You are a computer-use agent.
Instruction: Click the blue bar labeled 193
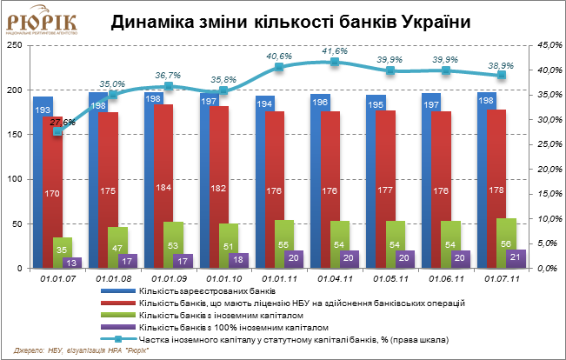pos(43,183)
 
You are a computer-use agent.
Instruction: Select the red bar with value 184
pos(164,186)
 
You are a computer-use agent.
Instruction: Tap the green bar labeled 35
pos(62,252)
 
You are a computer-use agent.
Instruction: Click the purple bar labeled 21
pos(515,258)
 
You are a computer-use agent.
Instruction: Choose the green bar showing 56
pos(506,243)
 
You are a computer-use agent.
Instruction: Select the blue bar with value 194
pos(264,183)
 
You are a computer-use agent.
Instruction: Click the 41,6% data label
pos(336,51)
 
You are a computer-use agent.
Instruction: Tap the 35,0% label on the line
pos(113,84)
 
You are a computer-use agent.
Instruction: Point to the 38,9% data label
pos(501,65)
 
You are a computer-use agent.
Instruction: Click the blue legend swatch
pos(118,290)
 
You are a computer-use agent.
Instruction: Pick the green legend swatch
pos(118,314)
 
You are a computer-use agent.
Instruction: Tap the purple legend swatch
pos(118,326)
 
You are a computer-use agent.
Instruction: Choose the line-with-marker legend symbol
pos(118,338)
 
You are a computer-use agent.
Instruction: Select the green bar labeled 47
pos(117,247)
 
